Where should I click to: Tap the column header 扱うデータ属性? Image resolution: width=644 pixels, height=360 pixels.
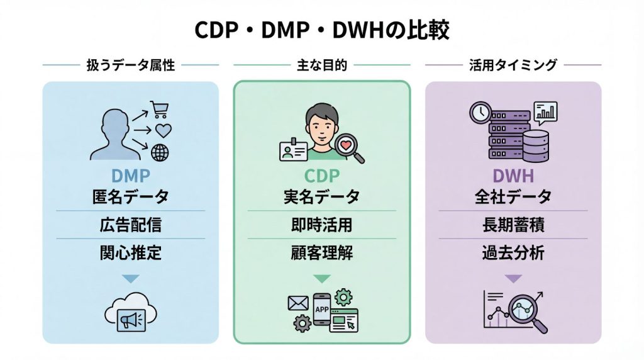pos(130,65)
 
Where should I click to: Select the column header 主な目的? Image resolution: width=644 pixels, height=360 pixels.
pos(321,65)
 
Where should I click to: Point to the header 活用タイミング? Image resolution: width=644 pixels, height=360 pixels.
pos(513,65)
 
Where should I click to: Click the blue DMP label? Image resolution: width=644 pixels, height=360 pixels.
pos(130,175)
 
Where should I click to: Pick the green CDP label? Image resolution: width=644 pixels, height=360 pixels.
pos(321,175)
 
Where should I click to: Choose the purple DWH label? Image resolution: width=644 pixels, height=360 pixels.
pos(513,175)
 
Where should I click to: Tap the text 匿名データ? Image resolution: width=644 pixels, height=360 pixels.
pos(130,197)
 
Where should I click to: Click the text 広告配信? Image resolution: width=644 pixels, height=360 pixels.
pos(130,225)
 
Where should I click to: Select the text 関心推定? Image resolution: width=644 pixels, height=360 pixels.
pos(130,253)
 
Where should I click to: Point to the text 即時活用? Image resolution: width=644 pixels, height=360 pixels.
pos(321,225)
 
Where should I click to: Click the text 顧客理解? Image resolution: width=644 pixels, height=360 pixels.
pos(321,253)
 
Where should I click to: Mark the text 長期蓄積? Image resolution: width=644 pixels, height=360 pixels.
pos(513,225)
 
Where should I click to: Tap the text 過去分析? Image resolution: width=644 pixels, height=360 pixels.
pos(513,253)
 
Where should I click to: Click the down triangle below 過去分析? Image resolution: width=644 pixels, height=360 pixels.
pos(513,278)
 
